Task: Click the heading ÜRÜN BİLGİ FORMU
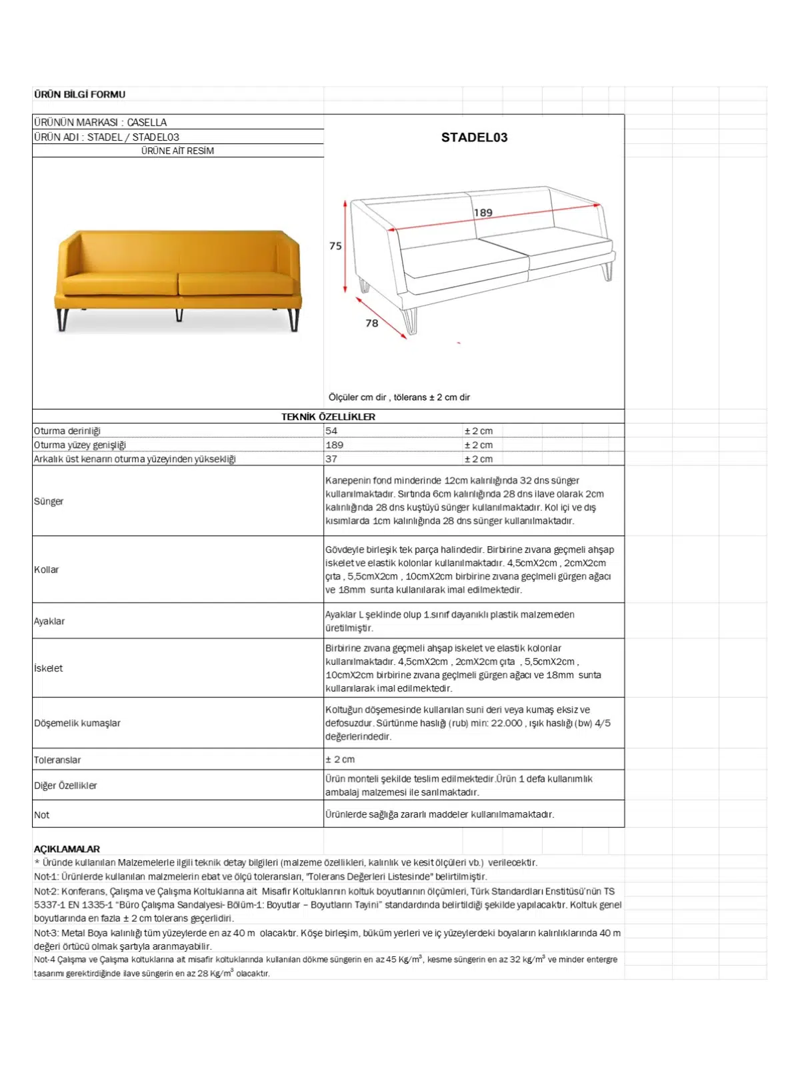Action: (x=79, y=95)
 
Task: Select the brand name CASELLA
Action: (x=147, y=122)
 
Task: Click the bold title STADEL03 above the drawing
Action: (x=474, y=137)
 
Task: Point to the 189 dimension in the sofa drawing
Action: (x=483, y=213)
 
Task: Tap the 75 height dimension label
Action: (x=335, y=246)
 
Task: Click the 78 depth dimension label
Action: (x=372, y=323)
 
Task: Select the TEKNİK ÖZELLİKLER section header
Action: (x=328, y=417)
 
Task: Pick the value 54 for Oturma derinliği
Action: (x=331, y=431)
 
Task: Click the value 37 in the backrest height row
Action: (x=331, y=459)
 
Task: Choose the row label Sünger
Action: (x=49, y=501)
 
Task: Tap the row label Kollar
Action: (x=46, y=570)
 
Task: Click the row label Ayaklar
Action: (x=49, y=621)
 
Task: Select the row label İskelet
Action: (x=48, y=668)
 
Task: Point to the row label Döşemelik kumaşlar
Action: (x=77, y=723)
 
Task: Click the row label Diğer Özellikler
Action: (x=65, y=786)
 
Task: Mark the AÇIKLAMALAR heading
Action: (x=67, y=849)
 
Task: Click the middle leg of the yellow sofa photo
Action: (x=179, y=314)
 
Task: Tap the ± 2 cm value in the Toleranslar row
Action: (x=340, y=760)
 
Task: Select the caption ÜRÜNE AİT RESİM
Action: (x=177, y=151)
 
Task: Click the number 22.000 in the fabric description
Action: (x=507, y=723)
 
